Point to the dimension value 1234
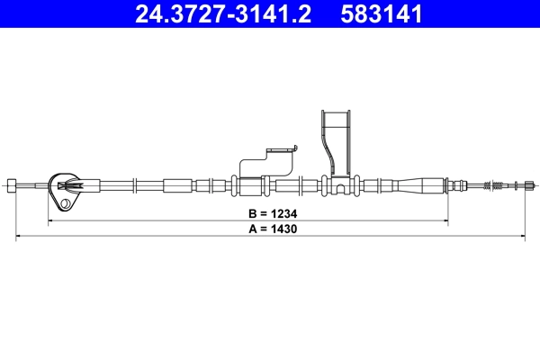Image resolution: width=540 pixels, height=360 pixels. [x=283, y=215]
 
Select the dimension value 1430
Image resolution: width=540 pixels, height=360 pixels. [x=283, y=229]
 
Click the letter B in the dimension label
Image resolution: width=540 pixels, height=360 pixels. [x=253, y=215]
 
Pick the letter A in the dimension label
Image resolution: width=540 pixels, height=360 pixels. [x=253, y=229]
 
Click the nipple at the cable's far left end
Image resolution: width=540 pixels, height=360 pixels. [x=12, y=186]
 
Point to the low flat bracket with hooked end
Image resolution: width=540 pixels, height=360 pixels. [x=266, y=162]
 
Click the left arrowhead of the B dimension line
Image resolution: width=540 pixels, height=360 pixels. [x=50, y=221]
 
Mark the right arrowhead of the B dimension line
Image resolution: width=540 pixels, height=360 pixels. [x=445, y=221]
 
